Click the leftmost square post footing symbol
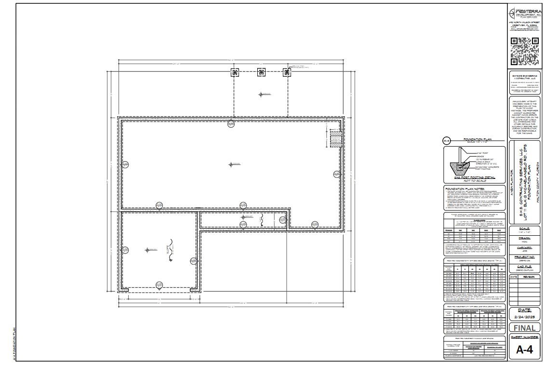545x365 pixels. click(235, 73)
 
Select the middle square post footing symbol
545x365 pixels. click(261, 73)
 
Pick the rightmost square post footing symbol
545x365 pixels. click(288, 73)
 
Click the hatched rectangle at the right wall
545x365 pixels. click(335, 140)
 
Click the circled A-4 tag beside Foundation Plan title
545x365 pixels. click(447, 141)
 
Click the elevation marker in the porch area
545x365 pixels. click(261, 94)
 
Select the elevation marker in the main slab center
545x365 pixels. click(232, 164)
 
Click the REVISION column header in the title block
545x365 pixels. click(529, 277)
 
